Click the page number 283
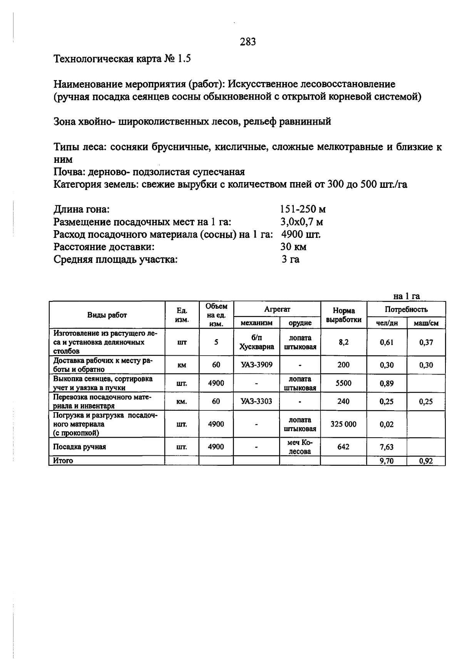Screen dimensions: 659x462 [x=248, y=42]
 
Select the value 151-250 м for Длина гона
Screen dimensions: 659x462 [x=303, y=209]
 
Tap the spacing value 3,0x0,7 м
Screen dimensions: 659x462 [x=301, y=222]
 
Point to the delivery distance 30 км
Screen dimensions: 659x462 [x=293, y=247]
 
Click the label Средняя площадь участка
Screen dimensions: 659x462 [x=115, y=259]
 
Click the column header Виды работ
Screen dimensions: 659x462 [x=107, y=315]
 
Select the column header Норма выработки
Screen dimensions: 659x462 [x=343, y=315]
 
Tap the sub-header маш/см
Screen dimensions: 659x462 [x=426, y=323]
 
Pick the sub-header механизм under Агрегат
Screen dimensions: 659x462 [x=256, y=323]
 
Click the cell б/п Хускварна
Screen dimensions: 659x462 [x=256, y=342]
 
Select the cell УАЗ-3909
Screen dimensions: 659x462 [x=256, y=365]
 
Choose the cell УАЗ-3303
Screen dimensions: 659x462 [x=256, y=401]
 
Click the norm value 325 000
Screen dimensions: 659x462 [x=343, y=424]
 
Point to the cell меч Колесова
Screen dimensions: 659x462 [x=300, y=447]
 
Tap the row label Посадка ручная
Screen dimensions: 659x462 [x=79, y=447]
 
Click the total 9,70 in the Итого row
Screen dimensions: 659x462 [x=387, y=461]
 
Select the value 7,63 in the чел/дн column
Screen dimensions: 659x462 [x=387, y=447]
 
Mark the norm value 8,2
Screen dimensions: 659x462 [x=343, y=342]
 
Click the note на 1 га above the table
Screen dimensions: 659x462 [x=406, y=296]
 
